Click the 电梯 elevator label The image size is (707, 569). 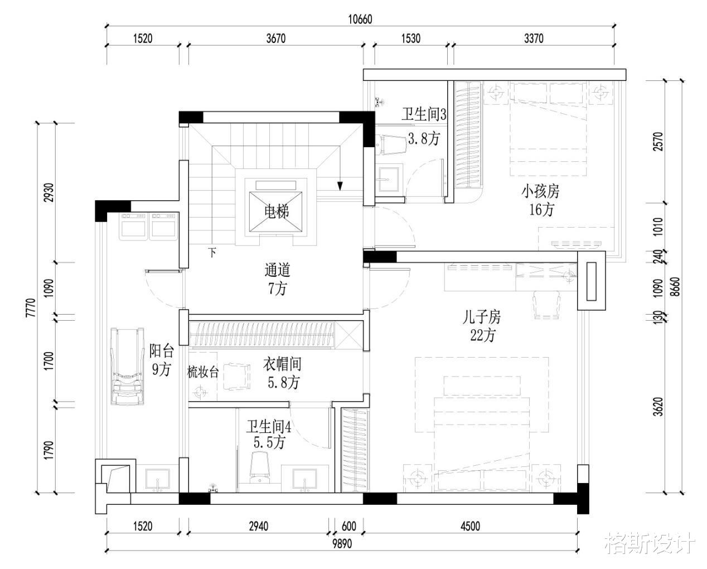(x=277, y=211)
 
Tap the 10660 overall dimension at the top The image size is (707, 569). (x=360, y=20)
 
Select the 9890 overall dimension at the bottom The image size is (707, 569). (x=342, y=543)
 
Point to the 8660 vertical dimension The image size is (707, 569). (x=676, y=286)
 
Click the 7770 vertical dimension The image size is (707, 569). (x=30, y=308)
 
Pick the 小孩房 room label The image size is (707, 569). (x=540, y=191)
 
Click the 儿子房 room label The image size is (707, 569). (x=482, y=317)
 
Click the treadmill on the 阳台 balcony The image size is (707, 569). (x=128, y=366)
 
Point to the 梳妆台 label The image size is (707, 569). (x=203, y=373)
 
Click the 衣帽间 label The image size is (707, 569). (x=282, y=364)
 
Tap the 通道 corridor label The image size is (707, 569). (x=277, y=270)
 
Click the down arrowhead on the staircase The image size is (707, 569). (x=340, y=186)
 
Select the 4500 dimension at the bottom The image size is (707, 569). (x=470, y=526)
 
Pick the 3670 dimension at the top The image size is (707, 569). (x=276, y=38)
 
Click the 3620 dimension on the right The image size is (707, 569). (x=658, y=407)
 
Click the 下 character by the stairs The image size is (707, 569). (x=212, y=253)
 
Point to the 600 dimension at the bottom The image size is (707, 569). (x=349, y=526)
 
